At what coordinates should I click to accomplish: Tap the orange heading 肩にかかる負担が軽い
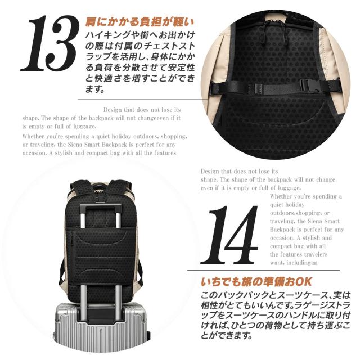coord(139,23)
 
